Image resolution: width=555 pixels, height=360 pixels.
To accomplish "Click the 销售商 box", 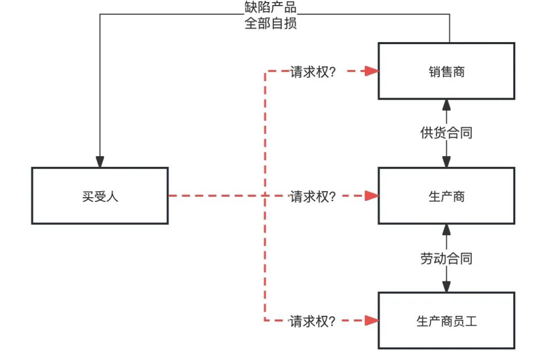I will click(446, 71).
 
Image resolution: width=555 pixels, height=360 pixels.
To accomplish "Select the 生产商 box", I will click(446, 196).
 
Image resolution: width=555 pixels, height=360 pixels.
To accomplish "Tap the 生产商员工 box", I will click(446, 321).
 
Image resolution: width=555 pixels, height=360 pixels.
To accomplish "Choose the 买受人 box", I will click(100, 196).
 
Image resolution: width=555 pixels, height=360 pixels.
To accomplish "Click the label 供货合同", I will click(446, 133).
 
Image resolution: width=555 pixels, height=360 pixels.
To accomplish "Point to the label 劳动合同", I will click(446, 258).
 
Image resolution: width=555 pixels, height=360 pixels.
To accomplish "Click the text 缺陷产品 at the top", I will click(271, 7).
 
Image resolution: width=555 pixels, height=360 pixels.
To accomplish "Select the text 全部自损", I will click(271, 24).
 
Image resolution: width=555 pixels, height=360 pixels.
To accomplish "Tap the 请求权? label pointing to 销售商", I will click(313, 71).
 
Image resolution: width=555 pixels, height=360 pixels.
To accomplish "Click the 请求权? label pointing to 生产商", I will click(313, 196).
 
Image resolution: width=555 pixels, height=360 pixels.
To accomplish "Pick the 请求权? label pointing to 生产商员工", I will click(313, 321).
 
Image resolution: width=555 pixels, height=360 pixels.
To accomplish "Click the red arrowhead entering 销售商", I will click(372, 71).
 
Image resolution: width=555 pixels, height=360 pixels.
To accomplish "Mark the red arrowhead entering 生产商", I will click(372, 196).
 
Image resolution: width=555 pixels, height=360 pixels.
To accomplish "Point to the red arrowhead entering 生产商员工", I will click(372, 321).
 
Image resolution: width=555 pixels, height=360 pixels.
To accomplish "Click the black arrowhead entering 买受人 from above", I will click(100, 161).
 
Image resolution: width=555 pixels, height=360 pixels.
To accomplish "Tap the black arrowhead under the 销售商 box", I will click(447, 105).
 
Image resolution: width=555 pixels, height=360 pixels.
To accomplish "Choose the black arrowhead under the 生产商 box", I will click(447, 230).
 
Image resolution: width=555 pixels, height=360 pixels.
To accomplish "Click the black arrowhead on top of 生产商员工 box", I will click(447, 287).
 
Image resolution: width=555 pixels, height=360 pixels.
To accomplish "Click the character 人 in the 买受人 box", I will click(113, 196).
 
